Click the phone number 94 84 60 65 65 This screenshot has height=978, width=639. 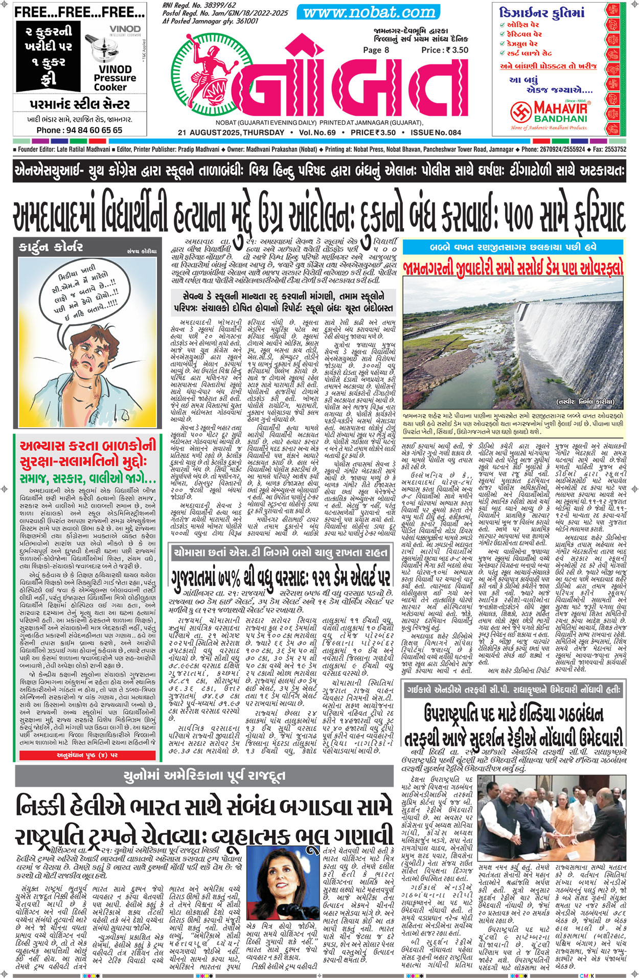(x=79, y=130)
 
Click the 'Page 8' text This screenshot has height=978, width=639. (x=376, y=50)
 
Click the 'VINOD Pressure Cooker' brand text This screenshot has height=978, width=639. (x=115, y=78)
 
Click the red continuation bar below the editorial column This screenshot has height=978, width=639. (x=86, y=755)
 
